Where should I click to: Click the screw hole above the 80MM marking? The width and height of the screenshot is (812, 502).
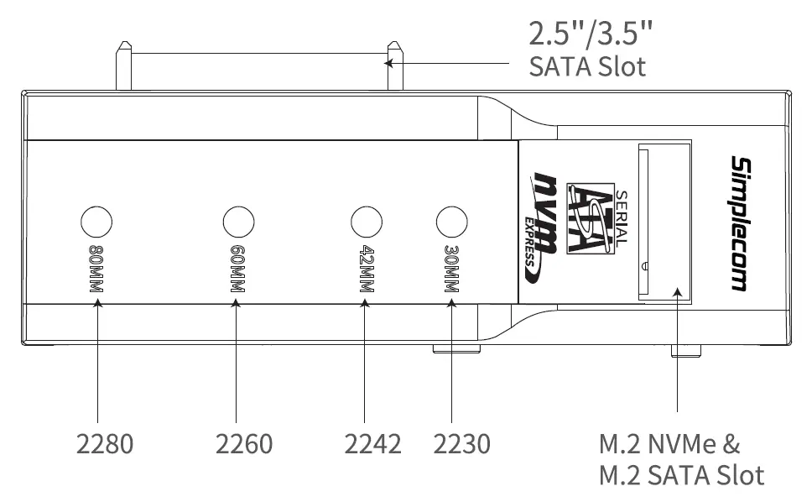tap(96, 222)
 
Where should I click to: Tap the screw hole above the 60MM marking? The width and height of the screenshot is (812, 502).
tap(238, 222)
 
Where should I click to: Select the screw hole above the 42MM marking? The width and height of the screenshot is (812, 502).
tap(366, 222)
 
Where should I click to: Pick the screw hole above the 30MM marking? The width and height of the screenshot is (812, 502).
tap(452, 222)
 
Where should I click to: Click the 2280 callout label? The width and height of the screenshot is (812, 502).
tap(105, 443)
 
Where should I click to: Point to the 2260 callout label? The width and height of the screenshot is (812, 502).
tap(244, 443)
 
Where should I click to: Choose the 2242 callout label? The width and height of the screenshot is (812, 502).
tap(372, 443)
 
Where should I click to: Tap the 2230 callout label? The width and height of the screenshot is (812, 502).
tap(461, 443)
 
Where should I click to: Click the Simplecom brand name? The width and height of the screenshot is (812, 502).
tap(738, 223)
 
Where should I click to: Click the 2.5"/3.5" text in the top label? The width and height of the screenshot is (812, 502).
tap(591, 35)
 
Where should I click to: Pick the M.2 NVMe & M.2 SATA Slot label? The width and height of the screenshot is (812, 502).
tap(681, 459)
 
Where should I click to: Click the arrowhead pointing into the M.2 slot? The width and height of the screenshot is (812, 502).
tap(677, 293)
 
